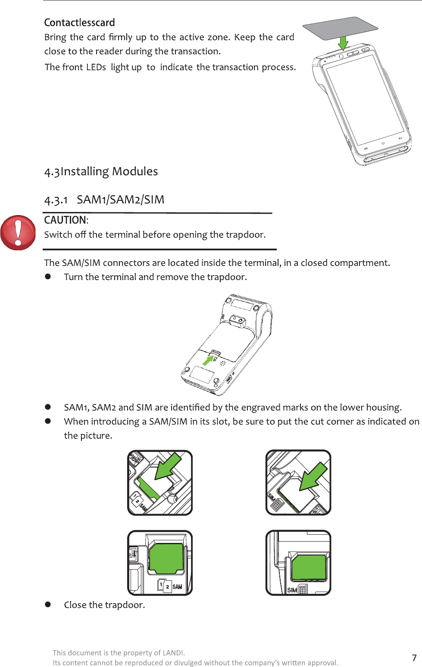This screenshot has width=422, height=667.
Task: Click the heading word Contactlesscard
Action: [x=79, y=22]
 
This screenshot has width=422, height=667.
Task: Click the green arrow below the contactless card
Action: [x=343, y=43]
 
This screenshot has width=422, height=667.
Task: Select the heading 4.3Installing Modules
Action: [x=101, y=171]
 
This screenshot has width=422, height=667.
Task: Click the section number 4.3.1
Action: [x=56, y=200]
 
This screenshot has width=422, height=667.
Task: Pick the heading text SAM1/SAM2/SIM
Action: [x=121, y=199]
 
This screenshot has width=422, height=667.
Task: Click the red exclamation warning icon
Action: [x=18, y=233]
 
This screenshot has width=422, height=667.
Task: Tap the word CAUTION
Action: [x=65, y=220]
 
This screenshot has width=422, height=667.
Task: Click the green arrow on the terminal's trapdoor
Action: [x=209, y=359]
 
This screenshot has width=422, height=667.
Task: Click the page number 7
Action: [x=414, y=658]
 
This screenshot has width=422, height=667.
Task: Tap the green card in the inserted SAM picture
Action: [x=166, y=558]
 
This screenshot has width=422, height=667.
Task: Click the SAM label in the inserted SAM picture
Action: [x=177, y=586]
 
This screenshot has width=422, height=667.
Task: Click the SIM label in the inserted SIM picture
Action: [x=292, y=590]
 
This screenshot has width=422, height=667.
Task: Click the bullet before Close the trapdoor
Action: [x=48, y=605]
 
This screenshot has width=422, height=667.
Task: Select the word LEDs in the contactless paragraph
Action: [x=96, y=67]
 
